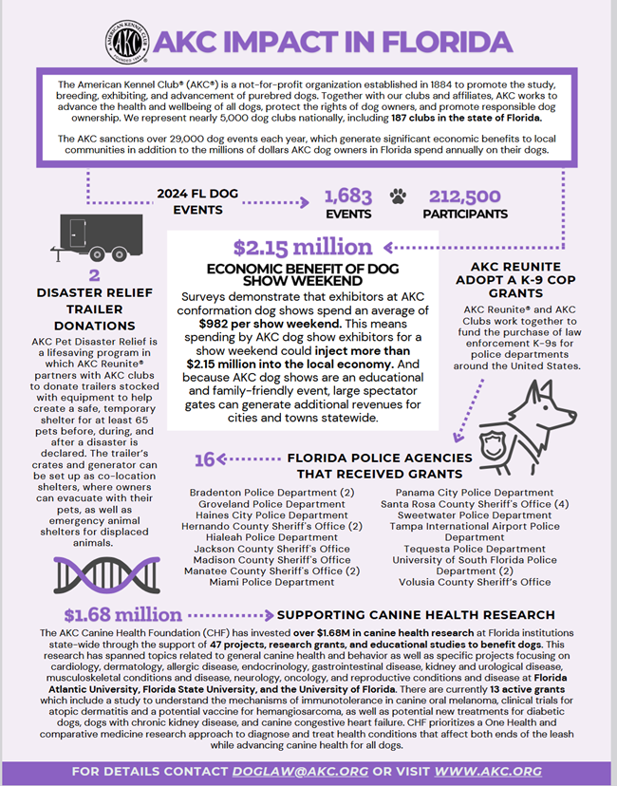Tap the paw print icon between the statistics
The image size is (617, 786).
398,196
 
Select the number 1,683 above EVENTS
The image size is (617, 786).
347,196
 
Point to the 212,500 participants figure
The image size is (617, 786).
465,196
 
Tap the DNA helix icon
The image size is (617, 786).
94,573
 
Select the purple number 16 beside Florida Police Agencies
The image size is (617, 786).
204,460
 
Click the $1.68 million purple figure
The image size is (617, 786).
122,615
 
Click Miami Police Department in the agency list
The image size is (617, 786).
271,583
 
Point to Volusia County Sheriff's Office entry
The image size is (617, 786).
476,582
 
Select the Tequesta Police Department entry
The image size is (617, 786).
475,549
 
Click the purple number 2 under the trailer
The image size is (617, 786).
94,276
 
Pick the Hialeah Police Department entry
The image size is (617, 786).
271,537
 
